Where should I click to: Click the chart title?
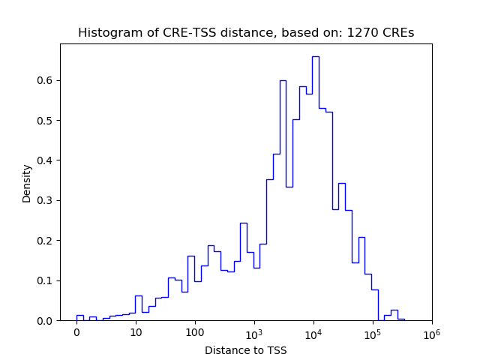[246, 33]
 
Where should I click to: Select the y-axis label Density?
[27, 183]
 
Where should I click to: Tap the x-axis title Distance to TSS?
[246, 349]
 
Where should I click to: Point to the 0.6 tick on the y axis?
[46, 80]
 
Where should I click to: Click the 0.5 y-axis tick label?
[46, 121]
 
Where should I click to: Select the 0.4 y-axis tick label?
[46, 160]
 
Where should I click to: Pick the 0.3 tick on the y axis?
[46, 201]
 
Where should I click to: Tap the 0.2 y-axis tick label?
[46, 241]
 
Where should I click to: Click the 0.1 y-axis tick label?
[46, 281]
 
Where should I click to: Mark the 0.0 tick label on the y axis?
[46, 321]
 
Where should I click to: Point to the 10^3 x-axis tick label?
[254, 332]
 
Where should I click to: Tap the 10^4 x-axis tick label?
[313, 332]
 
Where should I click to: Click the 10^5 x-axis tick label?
[373, 332]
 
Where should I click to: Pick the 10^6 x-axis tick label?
[432, 332]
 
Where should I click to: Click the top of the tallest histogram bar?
[316, 56]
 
